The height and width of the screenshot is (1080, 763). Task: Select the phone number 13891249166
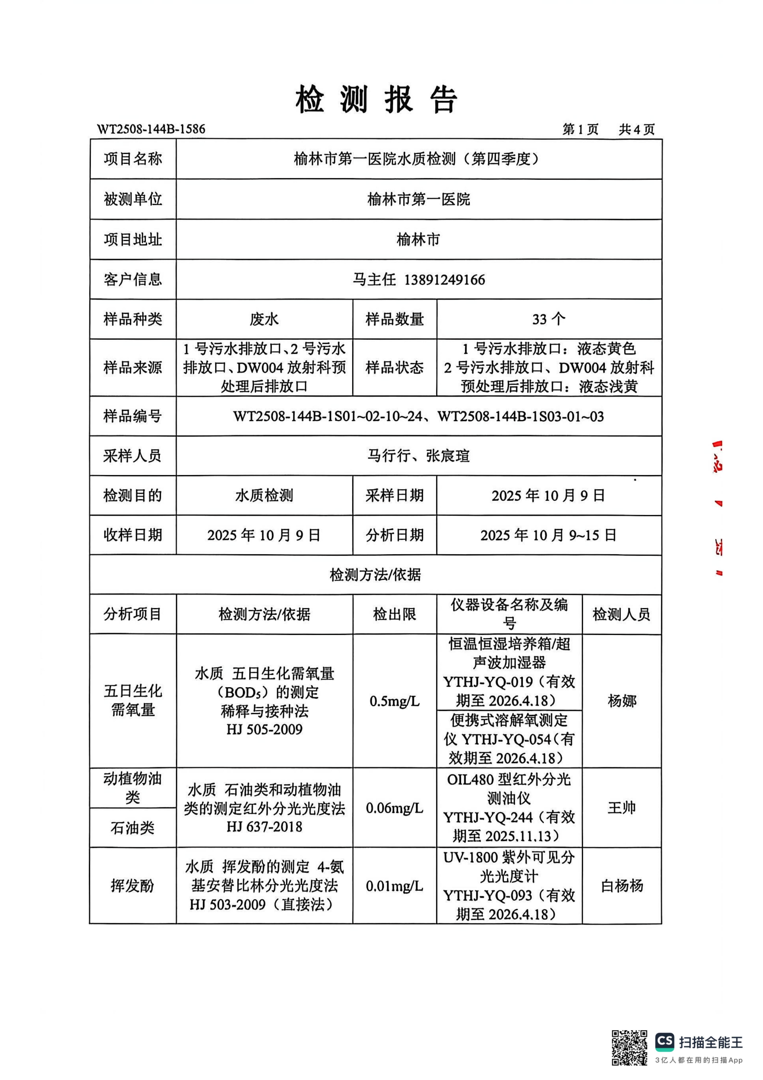pyautogui.click(x=445, y=280)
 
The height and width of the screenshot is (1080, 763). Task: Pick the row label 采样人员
pyautogui.click(x=133, y=455)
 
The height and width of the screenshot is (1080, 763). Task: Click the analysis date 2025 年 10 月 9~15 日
pyautogui.click(x=549, y=535)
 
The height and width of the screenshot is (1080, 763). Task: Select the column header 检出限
pyautogui.click(x=394, y=614)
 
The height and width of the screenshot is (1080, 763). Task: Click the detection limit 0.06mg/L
pyautogui.click(x=394, y=808)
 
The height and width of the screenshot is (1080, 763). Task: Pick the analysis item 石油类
pyautogui.click(x=133, y=828)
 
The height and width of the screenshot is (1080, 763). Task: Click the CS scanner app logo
pyautogui.click(x=665, y=1042)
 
